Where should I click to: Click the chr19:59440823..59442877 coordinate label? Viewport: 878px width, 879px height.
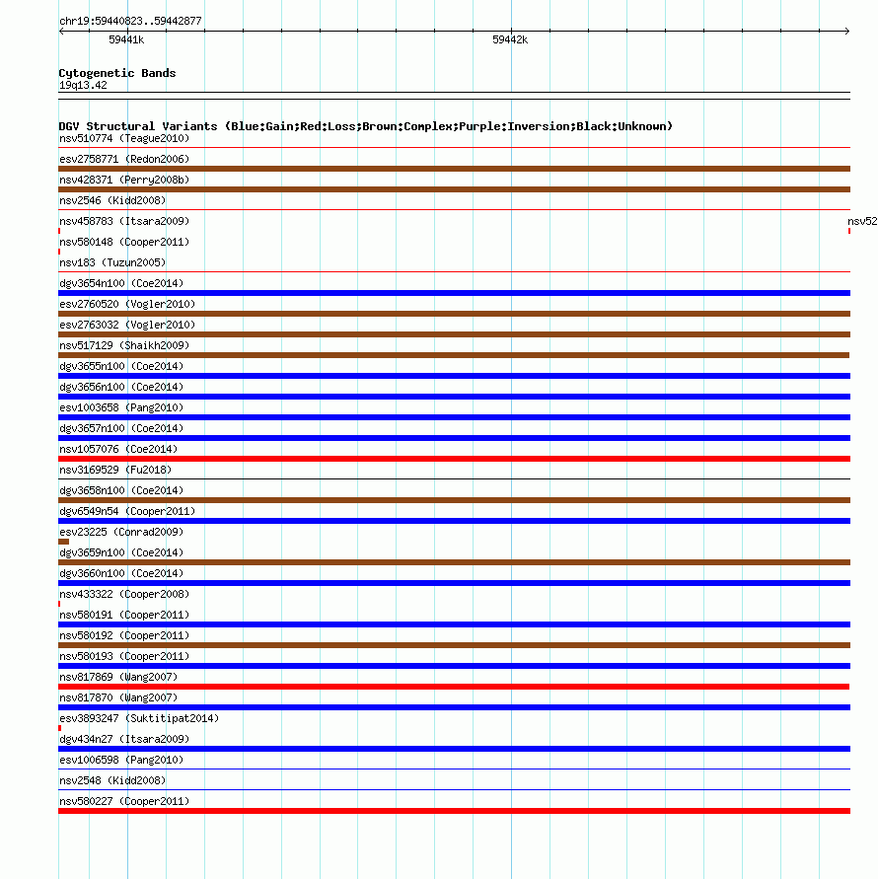click(x=130, y=21)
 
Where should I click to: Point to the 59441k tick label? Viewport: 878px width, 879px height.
click(x=126, y=40)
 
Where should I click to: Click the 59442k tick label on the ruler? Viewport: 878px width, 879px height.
click(x=510, y=40)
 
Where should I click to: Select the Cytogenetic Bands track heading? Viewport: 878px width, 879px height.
click(x=117, y=73)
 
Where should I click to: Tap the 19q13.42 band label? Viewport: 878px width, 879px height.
click(x=83, y=85)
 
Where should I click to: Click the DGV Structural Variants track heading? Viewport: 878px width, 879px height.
click(x=365, y=126)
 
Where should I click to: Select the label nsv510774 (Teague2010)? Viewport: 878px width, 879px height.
click(x=124, y=138)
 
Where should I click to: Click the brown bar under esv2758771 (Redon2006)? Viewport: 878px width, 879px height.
click(x=454, y=169)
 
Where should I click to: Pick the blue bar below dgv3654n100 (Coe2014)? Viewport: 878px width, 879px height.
click(x=454, y=293)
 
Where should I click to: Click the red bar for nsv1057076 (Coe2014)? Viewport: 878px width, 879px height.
click(x=454, y=459)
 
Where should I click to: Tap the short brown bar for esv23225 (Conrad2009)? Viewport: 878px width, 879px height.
click(x=63, y=542)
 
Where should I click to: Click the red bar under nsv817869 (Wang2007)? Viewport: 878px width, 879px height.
click(x=454, y=687)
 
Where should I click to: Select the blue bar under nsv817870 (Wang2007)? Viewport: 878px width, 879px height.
click(x=454, y=707)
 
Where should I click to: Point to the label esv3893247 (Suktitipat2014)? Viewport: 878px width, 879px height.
click(x=139, y=718)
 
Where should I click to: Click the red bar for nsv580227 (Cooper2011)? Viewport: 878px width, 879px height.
click(x=454, y=811)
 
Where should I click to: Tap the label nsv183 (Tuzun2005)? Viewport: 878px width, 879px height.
click(x=112, y=262)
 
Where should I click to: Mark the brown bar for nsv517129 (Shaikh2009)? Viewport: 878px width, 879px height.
click(x=454, y=355)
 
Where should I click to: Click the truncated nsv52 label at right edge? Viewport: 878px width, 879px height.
click(x=862, y=221)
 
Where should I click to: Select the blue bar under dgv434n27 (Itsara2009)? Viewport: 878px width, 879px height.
click(x=454, y=749)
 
